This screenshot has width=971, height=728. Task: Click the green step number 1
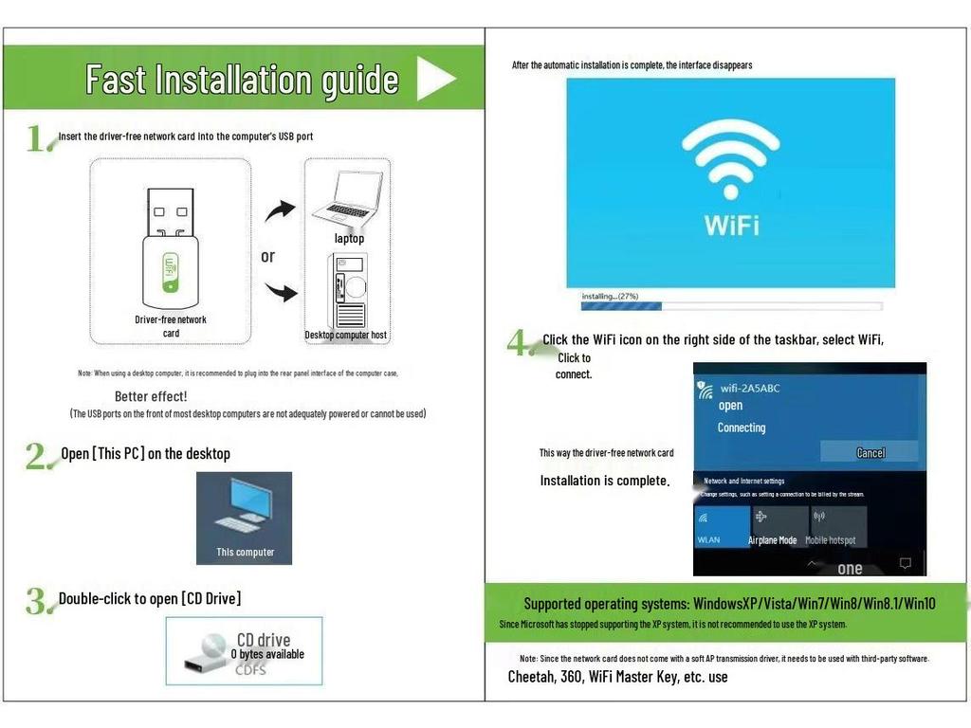[x=38, y=139]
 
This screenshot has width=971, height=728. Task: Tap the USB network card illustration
[x=171, y=242]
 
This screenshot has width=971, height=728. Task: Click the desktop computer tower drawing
[x=347, y=289]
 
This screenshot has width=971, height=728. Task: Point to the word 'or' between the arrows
[x=268, y=256]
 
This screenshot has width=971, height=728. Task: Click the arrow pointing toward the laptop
[x=280, y=209]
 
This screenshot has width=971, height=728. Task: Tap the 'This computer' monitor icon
[x=244, y=508]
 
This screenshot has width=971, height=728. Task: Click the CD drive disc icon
[x=203, y=651]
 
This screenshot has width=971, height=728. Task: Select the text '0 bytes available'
[x=267, y=654]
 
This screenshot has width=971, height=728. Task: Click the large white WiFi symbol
[x=731, y=161]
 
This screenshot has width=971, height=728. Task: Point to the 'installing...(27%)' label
[x=610, y=296]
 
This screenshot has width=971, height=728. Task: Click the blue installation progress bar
[x=622, y=306]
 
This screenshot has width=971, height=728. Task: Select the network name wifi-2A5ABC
[x=750, y=388]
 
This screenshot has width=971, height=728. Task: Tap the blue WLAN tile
[x=722, y=527]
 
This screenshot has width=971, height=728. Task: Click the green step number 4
[x=521, y=343]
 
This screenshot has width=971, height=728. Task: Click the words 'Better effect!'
[x=151, y=396]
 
